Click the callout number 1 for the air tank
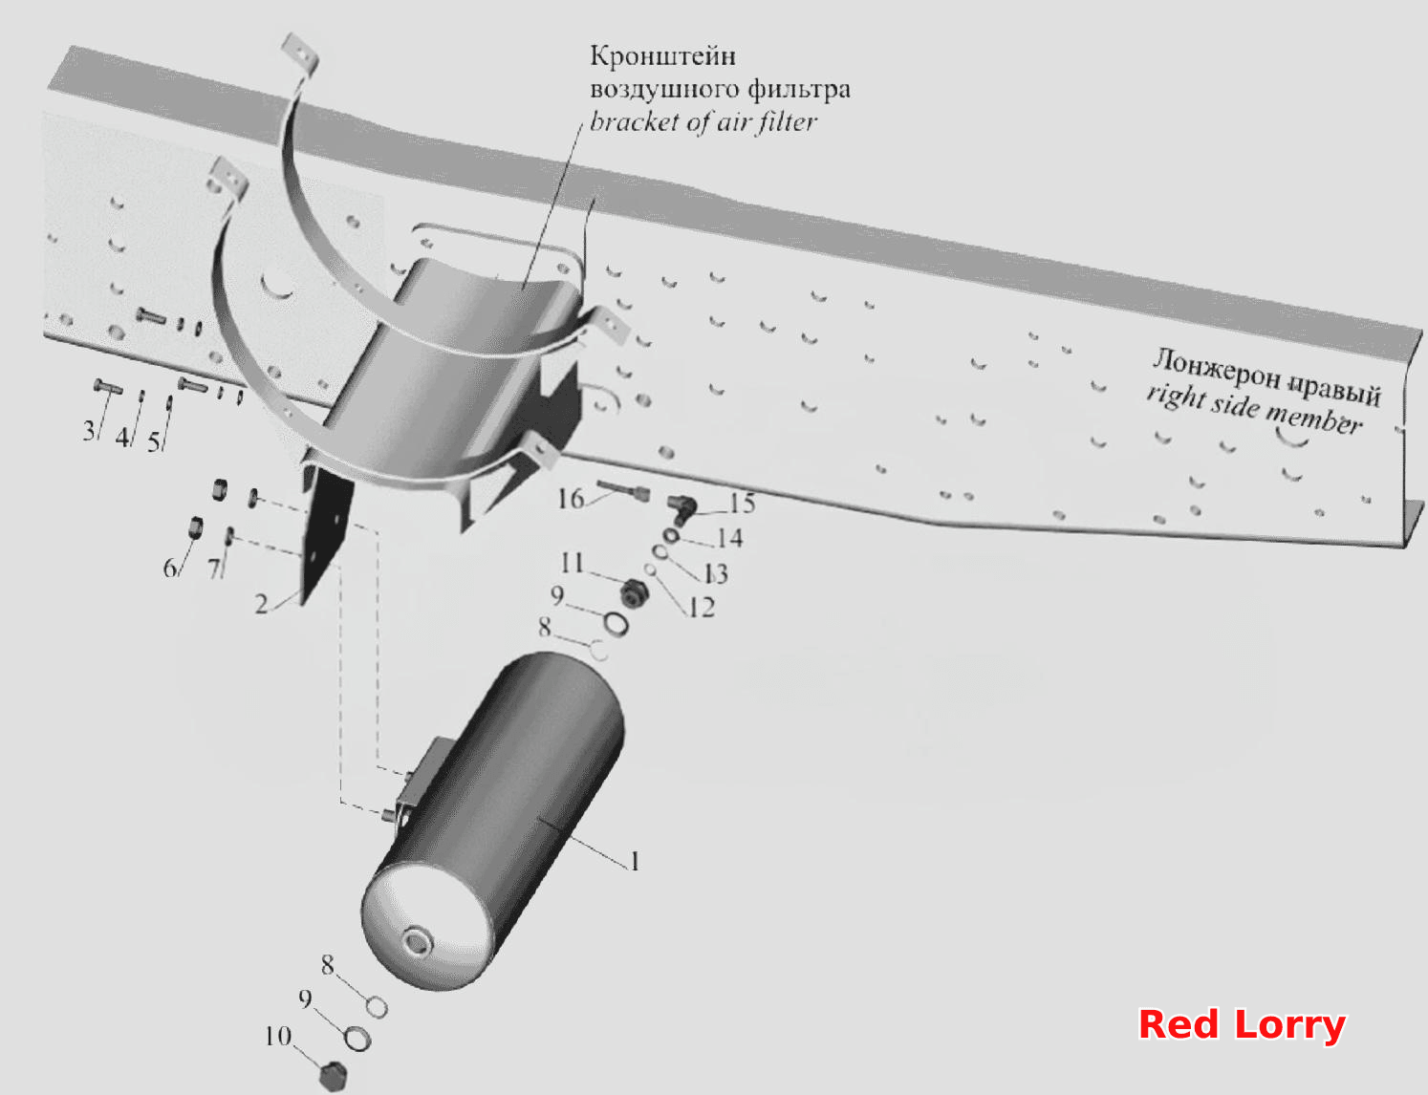tap(634, 861)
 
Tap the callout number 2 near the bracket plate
tap(261, 604)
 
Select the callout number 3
tap(89, 430)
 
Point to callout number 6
tap(169, 568)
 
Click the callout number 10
tap(278, 1036)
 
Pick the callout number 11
tap(572, 563)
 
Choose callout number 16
tap(571, 499)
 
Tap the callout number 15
tap(742, 504)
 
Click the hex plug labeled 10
tap(334, 1075)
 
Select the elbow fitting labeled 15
tap(682, 509)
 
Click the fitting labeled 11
tap(635, 593)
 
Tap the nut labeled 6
tap(196, 526)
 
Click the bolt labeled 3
tap(108, 387)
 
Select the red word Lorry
tap(1289, 1024)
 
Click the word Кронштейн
tap(662, 56)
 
